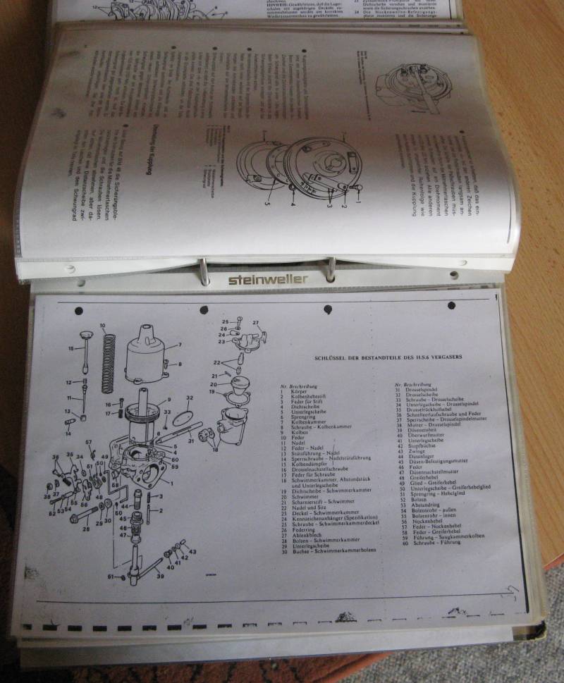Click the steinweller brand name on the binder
(267, 279)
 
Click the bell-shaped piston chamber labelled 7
(146, 355)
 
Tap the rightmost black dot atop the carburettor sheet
(452, 306)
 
